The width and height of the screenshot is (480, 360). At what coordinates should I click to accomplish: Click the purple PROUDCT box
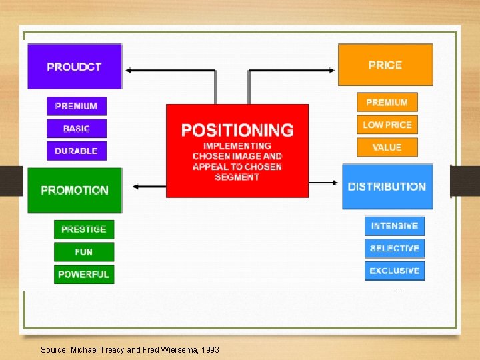click(75, 67)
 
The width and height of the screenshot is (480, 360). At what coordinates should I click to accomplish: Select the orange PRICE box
click(385, 65)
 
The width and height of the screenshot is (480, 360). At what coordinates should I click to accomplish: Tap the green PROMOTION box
click(75, 190)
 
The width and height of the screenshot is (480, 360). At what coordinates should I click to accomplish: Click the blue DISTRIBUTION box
click(387, 187)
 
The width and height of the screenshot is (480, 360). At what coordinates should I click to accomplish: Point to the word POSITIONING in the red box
click(237, 130)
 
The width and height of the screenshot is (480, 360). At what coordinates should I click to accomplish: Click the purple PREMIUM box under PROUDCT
click(76, 106)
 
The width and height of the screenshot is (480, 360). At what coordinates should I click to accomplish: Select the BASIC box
click(76, 129)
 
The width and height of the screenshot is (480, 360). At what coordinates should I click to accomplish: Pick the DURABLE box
click(76, 151)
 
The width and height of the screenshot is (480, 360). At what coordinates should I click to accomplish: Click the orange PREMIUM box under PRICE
click(387, 102)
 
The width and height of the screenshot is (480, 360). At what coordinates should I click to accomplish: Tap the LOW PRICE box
click(387, 125)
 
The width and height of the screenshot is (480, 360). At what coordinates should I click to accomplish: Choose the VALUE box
click(387, 147)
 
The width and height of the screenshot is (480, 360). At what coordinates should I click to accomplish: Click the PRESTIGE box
click(84, 229)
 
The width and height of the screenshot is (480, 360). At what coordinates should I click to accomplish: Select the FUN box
click(84, 252)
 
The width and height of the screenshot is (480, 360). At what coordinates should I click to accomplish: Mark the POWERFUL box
click(84, 274)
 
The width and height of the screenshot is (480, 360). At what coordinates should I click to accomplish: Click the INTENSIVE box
click(395, 226)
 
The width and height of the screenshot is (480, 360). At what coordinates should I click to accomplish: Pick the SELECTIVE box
click(395, 248)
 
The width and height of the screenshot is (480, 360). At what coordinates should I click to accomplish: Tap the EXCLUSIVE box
click(395, 271)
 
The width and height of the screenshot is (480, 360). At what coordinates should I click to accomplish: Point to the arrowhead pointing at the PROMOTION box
click(136, 187)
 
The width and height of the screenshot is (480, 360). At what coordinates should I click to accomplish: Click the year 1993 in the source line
click(209, 349)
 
